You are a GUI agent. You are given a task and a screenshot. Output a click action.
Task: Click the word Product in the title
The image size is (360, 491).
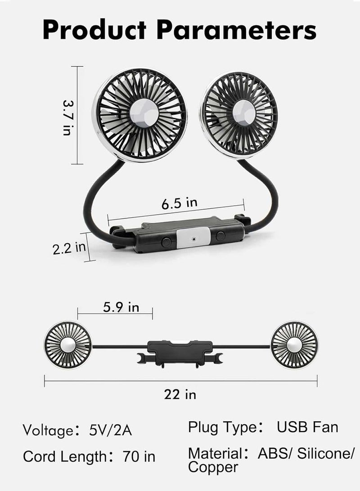pyautogui.click(x=94, y=31)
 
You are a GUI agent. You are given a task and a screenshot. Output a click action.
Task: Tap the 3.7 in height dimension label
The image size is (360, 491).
pyautogui.click(x=68, y=117)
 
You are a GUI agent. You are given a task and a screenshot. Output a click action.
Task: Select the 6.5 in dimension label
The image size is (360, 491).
pyautogui.click(x=179, y=203)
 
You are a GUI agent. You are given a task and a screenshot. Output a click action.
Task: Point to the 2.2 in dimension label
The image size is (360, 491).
pyautogui.click(x=69, y=248)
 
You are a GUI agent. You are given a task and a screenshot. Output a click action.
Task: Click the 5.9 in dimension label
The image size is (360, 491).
pyautogui.click(x=121, y=307)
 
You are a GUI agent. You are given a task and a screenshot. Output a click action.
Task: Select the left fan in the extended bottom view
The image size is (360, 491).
pyautogui.click(x=67, y=345)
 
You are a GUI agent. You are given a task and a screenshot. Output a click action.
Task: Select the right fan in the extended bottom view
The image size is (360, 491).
pyautogui.click(x=294, y=345)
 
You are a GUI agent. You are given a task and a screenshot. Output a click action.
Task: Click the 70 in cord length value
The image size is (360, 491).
pyautogui.click(x=138, y=457)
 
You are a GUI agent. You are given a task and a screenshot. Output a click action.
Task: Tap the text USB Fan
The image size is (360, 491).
pyautogui.click(x=307, y=427)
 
